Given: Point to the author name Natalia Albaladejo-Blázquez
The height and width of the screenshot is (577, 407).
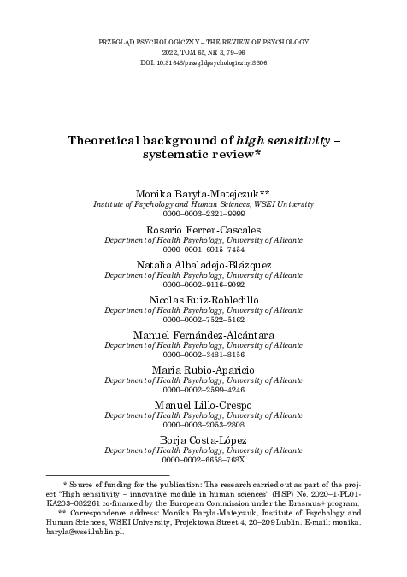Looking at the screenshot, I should coord(203,267).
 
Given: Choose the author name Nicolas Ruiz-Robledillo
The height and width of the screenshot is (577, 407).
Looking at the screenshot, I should coord(203,301).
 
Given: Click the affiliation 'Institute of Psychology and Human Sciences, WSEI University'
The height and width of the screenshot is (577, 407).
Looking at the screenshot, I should coord(203,206).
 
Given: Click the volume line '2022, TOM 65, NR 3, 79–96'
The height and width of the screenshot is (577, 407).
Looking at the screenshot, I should coord(203,51).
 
